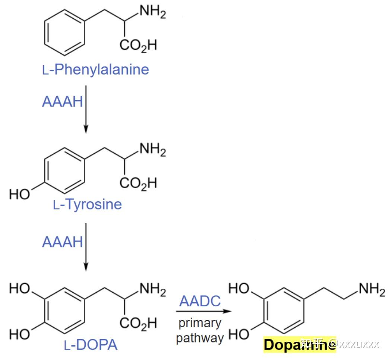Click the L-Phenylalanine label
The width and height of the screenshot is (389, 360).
pyautogui.click(x=96, y=69)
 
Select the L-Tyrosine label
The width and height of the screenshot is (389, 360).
pyautogui.click(x=88, y=204)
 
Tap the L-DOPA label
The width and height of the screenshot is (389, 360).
pyautogui.click(x=91, y=345)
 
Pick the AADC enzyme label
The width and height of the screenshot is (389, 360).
pyautogui.click(x=200, y=301)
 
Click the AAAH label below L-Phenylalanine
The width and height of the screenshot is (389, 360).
pyautogui.click(x=62, y=102)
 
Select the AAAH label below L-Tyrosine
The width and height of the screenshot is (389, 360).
pyautogui.click(x=62, y=242)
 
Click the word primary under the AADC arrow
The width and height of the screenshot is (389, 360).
pyautogui.click(x=200, y=323)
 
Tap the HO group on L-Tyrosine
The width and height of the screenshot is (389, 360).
pyautogui.click(x=19, y=194)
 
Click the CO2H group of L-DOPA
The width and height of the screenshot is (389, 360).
pyautogui.click(x=138, y=323)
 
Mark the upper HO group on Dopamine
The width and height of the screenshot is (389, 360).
pyautogui.click(x=238, y=288)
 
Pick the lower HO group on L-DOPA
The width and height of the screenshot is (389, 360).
pyautogui.click(x=19, y=334)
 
